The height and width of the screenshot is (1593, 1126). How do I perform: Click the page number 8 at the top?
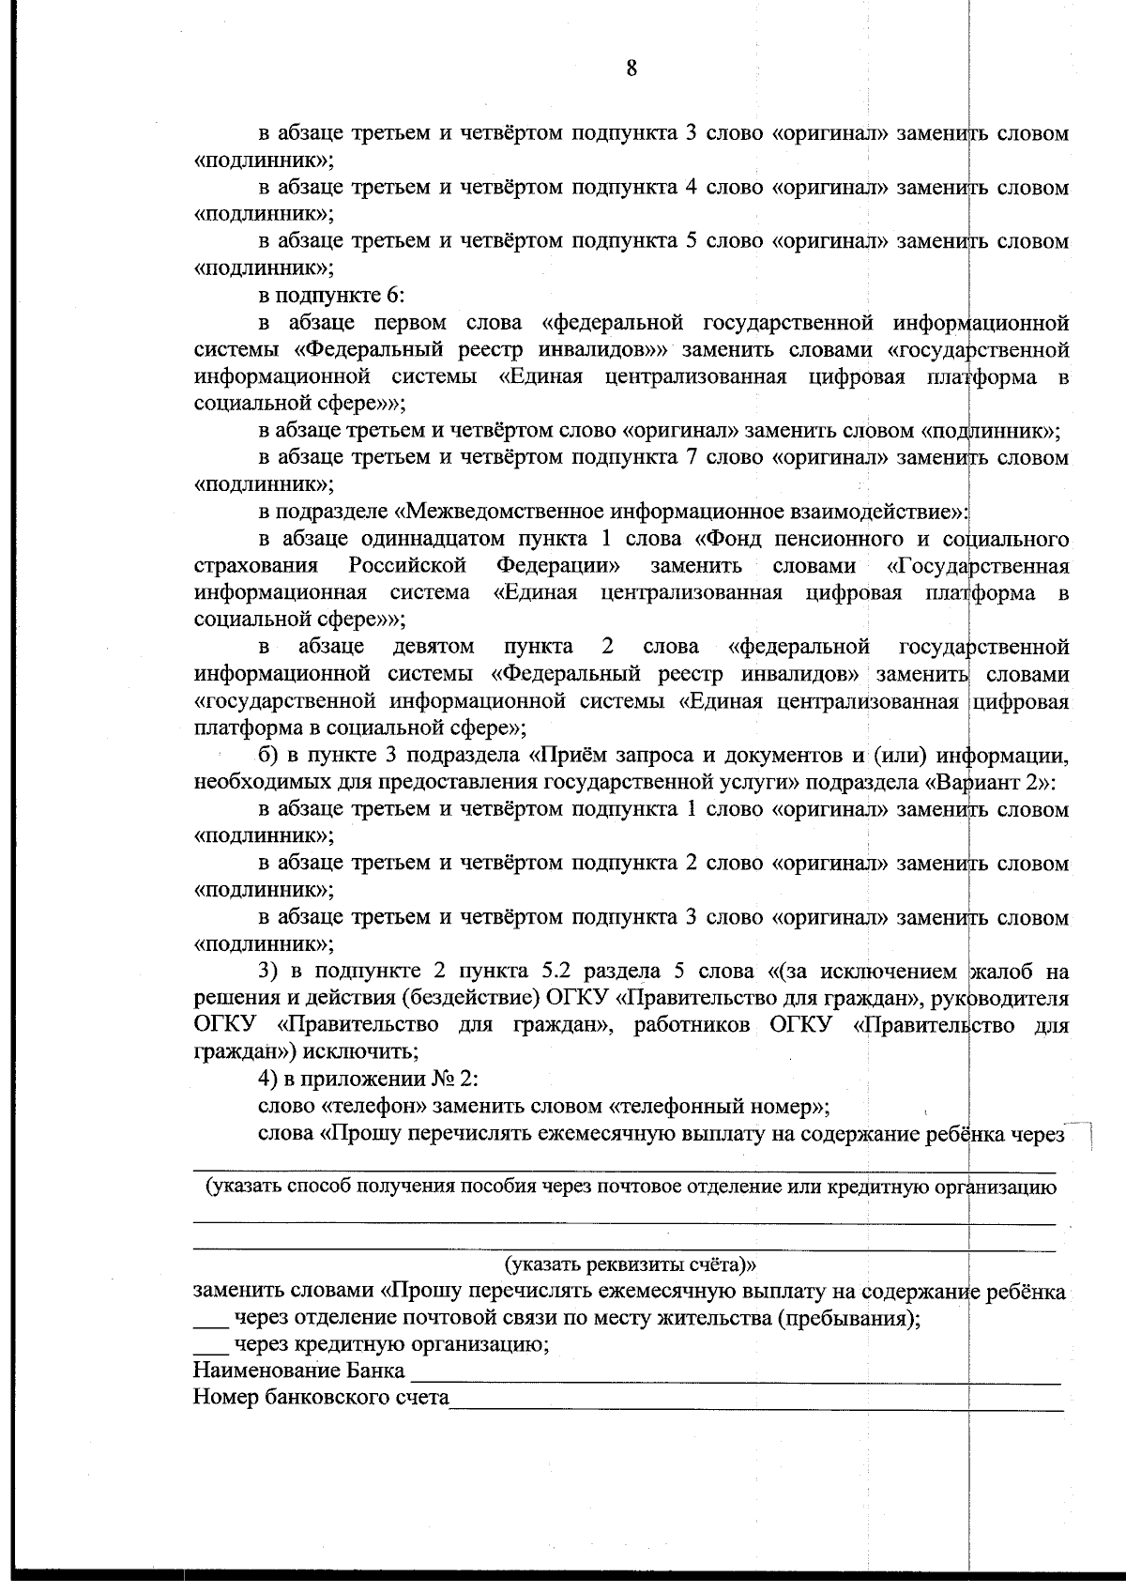[631, 68]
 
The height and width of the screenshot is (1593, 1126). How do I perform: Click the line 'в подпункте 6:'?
[331, 296]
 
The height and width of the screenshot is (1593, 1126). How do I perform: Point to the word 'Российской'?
[407, 567]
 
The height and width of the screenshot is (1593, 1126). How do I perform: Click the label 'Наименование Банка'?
[298, 1371]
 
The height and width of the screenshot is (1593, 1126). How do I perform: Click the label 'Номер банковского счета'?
[320, 1398]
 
